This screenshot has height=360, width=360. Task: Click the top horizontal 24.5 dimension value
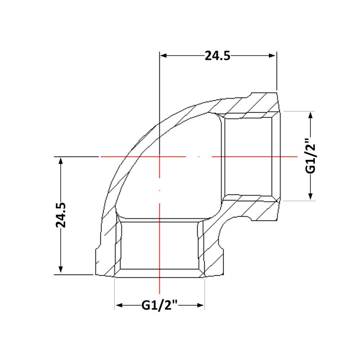point(217,55)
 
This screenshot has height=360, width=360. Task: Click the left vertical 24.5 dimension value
point(60,215)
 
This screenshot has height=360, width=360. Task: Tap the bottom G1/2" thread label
point(159,305)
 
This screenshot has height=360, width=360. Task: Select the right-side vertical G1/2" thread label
point(310,156)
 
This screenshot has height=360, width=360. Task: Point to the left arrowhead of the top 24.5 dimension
point(163,55)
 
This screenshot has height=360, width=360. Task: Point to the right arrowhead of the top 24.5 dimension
point(272,55)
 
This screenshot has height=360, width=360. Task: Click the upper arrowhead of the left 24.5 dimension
point(60,161)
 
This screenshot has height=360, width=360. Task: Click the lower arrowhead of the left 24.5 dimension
point(60,270)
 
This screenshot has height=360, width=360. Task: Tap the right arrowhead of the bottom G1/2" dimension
point(201,305)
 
